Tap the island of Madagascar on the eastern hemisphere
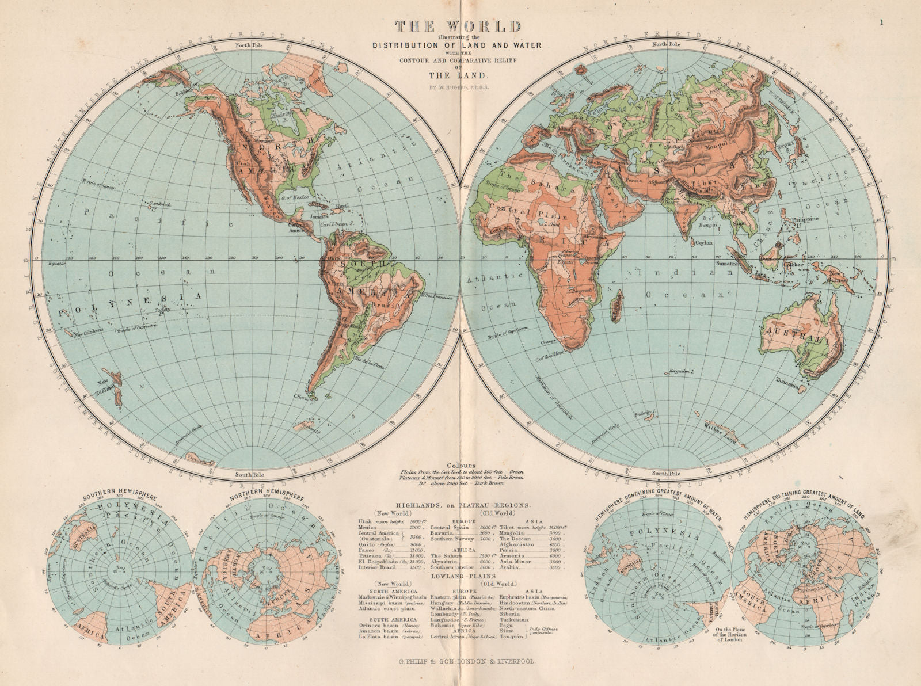click(619, 307)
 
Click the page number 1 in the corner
click(881, 7)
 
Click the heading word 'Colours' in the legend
click(463, 465)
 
